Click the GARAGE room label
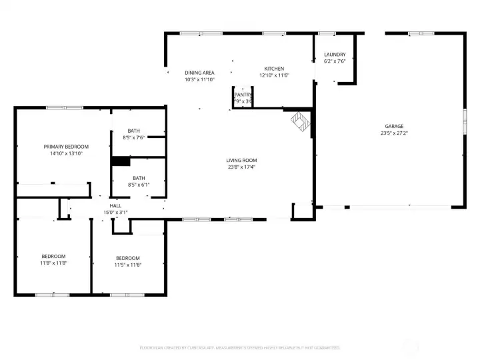pos(393,126)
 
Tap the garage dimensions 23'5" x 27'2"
pos(393,133)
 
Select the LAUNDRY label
pos(335,55)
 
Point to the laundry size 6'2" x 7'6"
pos(335,62)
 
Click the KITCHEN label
pos(274,69)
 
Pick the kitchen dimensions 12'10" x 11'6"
pos(274,75)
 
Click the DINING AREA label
pos(199,73)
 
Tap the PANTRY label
pos(243,95)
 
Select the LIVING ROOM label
pos(241,160)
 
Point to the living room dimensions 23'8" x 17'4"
pos(241,167)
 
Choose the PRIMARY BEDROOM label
pos(66,147)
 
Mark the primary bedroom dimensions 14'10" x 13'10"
pos(66,153)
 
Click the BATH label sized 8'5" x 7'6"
pos(134,131)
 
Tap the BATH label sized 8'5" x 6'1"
pos(139,178)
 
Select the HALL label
pos(115,206)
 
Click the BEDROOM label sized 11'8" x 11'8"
pos(53,257)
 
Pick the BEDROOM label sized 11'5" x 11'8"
pos(128,258)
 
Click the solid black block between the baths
pos(121,161)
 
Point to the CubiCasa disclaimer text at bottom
pos(240,347)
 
